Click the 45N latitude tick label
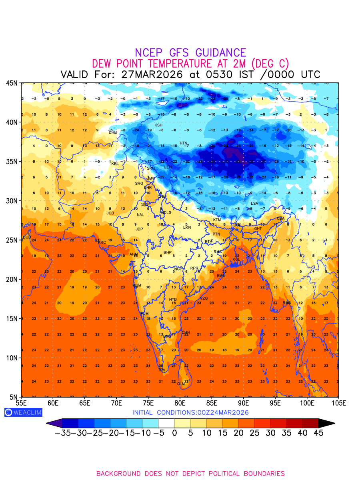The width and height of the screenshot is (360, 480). point(11,83)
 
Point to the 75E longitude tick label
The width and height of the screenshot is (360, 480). point(148,402)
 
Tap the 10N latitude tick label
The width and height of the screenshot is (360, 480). point(11,358)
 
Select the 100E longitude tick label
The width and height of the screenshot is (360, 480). point(307,402)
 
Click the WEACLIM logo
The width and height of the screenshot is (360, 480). point(23,412)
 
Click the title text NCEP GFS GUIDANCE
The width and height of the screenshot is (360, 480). point(190,53)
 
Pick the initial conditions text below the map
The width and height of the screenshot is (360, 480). point(190,412)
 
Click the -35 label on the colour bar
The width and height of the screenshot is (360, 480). point(63,433)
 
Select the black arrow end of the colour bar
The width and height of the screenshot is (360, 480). point(326,423)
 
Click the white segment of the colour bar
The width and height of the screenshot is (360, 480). point(166,423)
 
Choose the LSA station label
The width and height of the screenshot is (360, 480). point(254,204)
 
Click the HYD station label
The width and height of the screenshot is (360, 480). point(173,300)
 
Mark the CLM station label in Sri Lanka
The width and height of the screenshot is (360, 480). point(181,384)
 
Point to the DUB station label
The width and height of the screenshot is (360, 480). point(27,237)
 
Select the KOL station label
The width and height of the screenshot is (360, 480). point(236,260)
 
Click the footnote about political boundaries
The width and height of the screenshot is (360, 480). point(190,474)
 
